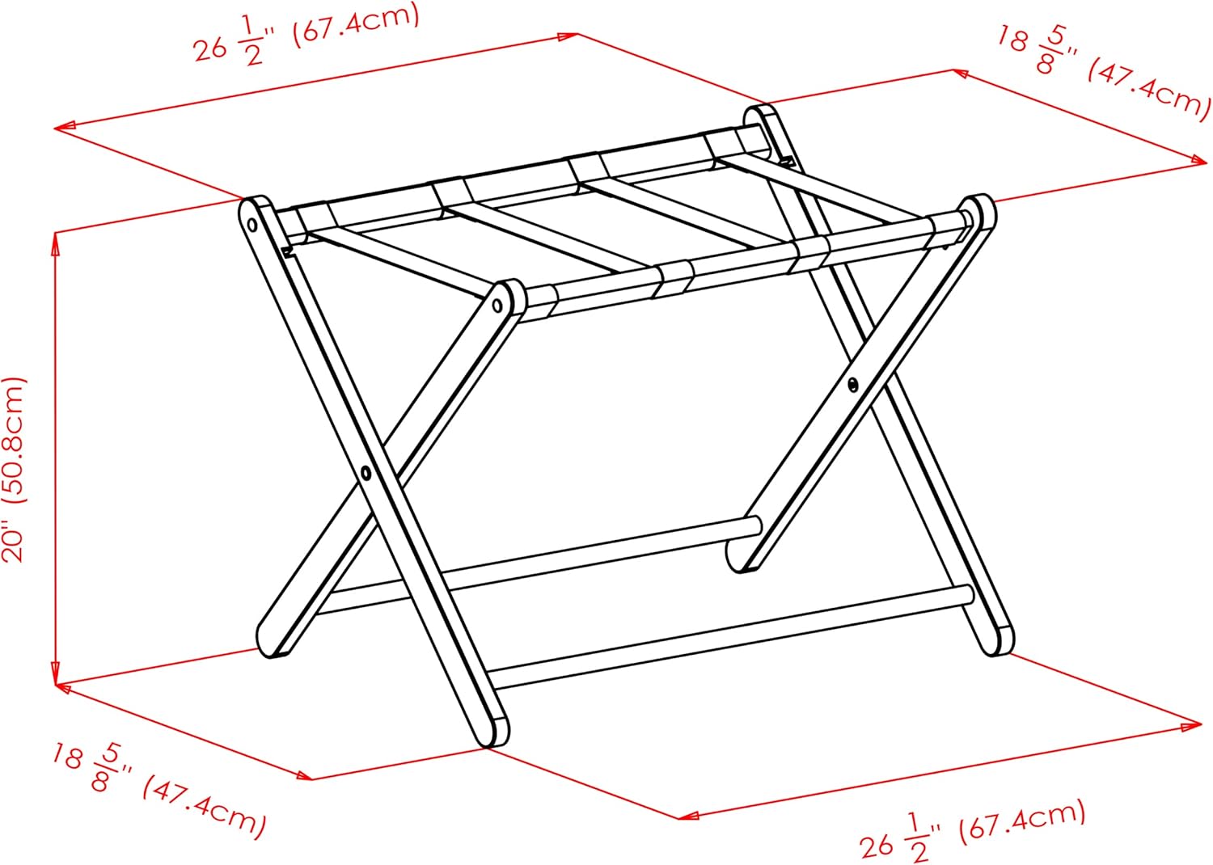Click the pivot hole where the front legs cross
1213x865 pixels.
366,472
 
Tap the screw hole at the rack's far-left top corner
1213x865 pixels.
251,222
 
